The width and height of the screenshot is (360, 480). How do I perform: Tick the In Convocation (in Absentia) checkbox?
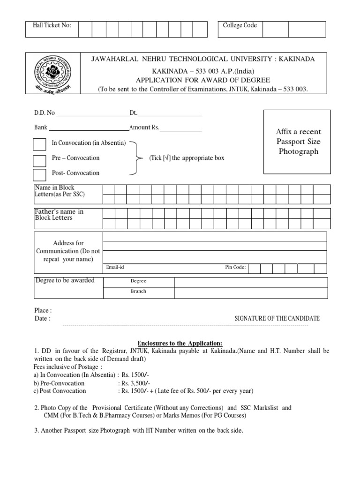pos(39,144)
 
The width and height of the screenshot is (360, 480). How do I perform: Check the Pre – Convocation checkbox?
pos(39,160)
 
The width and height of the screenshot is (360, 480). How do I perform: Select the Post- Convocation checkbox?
pos(39,174)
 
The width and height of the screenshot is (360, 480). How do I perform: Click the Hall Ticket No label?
pos(52,26)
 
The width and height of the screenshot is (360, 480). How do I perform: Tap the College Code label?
pos(240,26)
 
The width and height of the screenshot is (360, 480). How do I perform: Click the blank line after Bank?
pos(89,127)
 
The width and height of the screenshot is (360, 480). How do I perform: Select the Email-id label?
pos(115,267)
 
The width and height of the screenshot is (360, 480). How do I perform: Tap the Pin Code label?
pos(235,267)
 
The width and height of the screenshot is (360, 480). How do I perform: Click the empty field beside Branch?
pos(250,291)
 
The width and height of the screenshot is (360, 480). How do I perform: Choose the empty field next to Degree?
pos(250,281)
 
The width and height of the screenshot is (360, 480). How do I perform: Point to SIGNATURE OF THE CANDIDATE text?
pos(277,318)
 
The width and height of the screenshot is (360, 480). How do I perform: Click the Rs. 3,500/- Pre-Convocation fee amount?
pos(133,383)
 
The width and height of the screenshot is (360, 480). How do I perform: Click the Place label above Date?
pos(43,310)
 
